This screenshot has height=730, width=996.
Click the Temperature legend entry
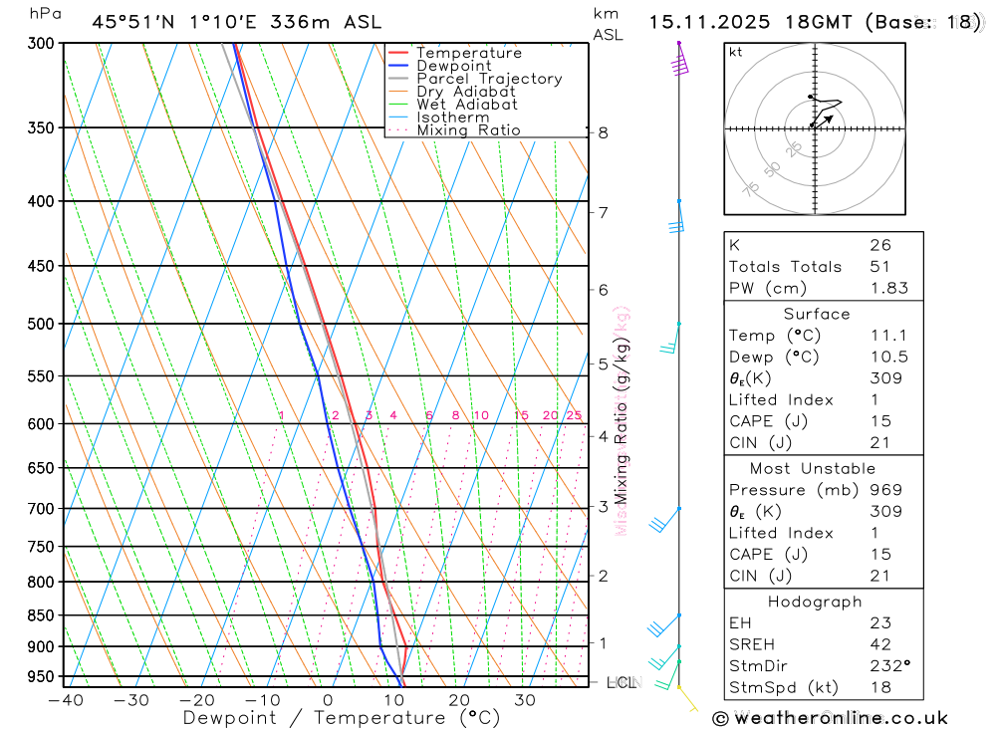point(468,53)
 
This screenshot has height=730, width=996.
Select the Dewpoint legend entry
point(454,66)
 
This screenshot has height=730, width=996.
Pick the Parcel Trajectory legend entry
point(489,79)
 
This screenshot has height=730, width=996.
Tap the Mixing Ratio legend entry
point(468,129)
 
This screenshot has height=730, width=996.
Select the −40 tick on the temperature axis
point(66,699)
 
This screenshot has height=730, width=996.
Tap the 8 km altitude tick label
point(603,132)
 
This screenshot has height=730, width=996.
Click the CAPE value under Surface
point(880,421)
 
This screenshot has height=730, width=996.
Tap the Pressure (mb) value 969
point(885,490)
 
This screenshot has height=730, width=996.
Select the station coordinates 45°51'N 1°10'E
point(165,22)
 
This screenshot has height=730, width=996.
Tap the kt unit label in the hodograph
point(736,53)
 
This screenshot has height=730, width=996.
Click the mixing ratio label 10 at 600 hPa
point(480,415)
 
